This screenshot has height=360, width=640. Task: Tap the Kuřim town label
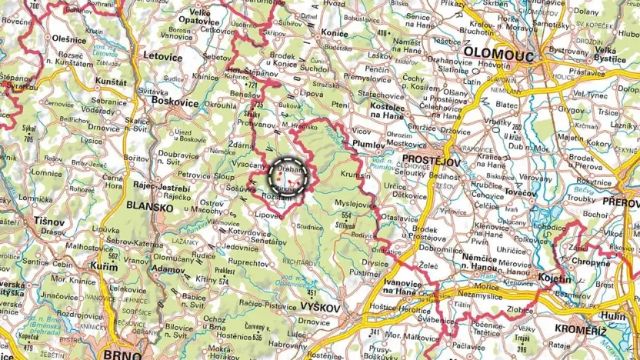[105, 265]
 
